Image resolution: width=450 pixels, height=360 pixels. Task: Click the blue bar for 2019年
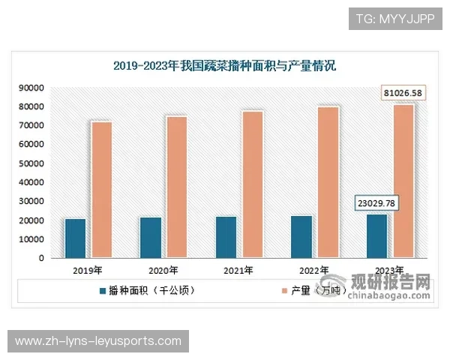pyautogui.click(x=75, y=238)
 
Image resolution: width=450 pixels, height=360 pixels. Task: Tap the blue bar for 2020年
pyautogui.click(x=151, y=237)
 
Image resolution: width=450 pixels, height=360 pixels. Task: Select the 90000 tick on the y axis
pyautogui.click(x=30, y=88)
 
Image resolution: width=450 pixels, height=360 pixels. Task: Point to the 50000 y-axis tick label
pyautogui.click(x=30, y=163)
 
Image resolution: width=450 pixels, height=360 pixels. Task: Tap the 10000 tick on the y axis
pyautogui.click(x=30, y=239)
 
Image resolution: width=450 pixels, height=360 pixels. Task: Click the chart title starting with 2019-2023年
pyautogui.click(x=224, y=66)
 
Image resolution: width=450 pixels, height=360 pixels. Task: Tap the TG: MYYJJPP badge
pyautogui.click(x=395, y=19)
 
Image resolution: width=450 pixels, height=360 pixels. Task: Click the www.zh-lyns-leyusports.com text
pyautogui.click(x=98, y=341)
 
